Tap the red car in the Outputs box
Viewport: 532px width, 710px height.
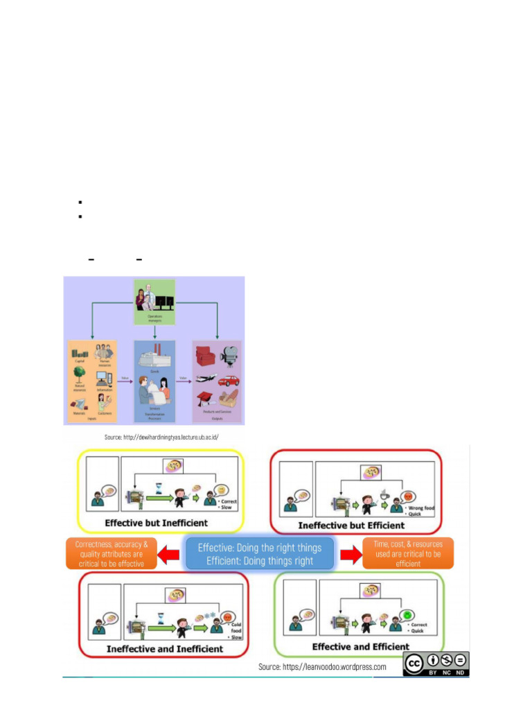coord(229,381)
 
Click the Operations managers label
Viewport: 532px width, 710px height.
coord(154,316)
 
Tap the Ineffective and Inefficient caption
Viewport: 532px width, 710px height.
coord(164,648)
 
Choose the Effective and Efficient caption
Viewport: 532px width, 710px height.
coord(360,646)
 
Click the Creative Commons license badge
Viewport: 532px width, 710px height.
coord(436,664)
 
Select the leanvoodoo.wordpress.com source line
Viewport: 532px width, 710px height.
coord(322,666)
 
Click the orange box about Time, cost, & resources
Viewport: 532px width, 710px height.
coord(407,553)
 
